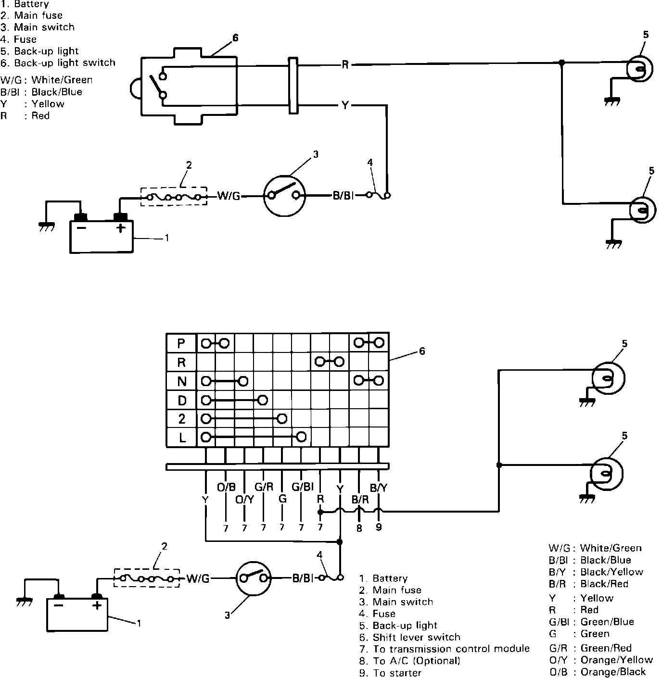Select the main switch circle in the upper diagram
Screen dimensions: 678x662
tap(285, 195)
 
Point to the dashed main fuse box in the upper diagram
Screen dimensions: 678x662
tap(174, 196)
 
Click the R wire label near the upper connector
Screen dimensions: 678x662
tap(345, 65)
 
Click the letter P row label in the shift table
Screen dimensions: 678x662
tap(181, 343)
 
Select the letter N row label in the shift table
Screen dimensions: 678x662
tap(181, 381)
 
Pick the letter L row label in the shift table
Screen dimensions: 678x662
tap(181, 438)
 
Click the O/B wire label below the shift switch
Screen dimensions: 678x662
tap(226, 488)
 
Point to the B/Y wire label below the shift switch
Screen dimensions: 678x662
tap(379, 488)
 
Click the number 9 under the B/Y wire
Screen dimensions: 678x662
tap(379, 527)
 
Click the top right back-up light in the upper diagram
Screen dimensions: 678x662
tap(640, 69)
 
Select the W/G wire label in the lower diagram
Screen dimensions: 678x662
tap(198, 578)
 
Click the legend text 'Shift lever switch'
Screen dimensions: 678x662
tap(416, 638)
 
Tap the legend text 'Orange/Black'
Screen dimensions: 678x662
tap(613, 672)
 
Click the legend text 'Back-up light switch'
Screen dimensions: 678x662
tap(64, 63)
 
